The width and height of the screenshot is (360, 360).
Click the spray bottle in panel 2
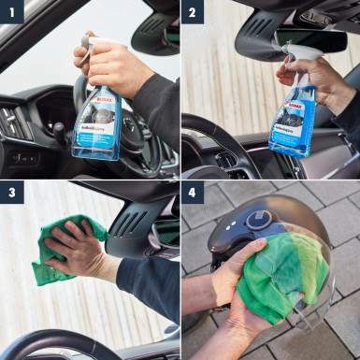point(293,117)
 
